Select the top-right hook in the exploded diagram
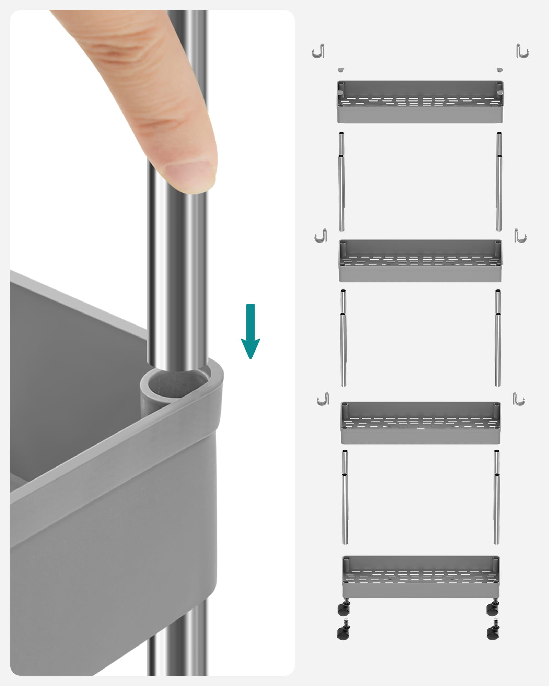pyautogui.click(x=523, y=51)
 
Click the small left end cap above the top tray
pyautogui.click(x=340, y=70)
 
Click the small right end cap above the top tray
pyautogui.click(x=500, y=70)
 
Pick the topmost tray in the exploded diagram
pyautogui.click(x=420, y=102)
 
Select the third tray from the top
pyautogui.click(x=420, y=423)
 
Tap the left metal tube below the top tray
pyautogui.click(x=342, y=182)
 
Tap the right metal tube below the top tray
pyautogui.click(x=499, y=182)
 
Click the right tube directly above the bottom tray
pyautogui.click(x=497, y=497)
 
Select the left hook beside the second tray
pyautogui.click(x=321, y=236)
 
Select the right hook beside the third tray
pyautogui.click(x=519, y=399)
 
